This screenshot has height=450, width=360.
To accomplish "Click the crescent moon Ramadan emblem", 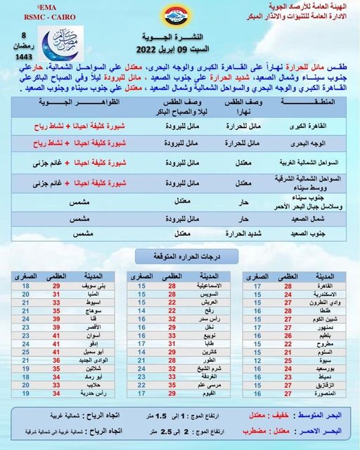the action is click(59, 46).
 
